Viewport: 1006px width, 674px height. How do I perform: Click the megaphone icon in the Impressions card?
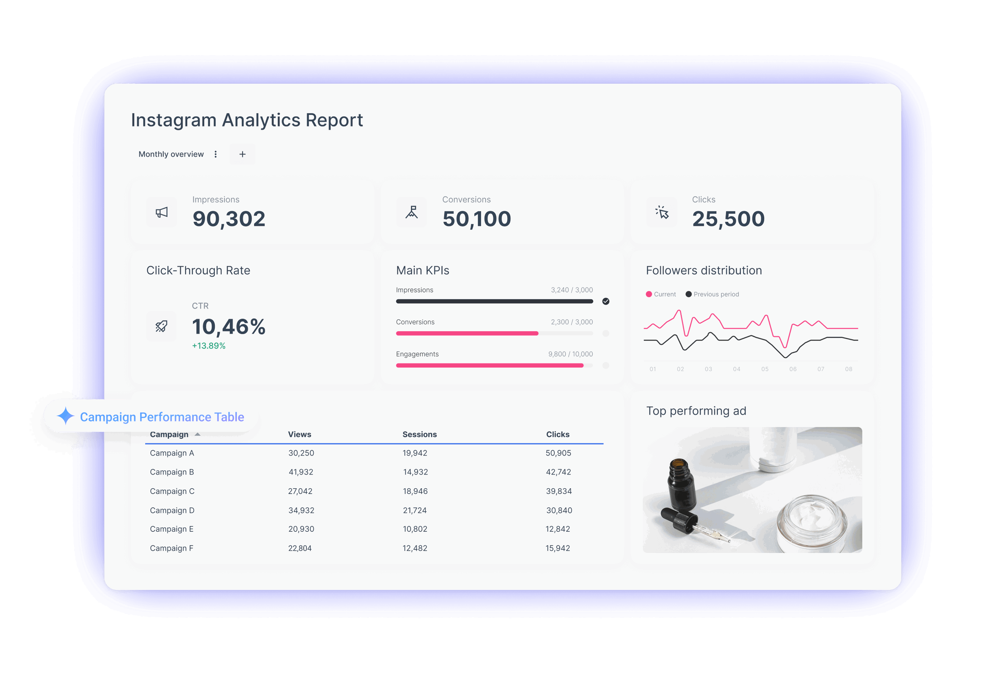coord(162,212)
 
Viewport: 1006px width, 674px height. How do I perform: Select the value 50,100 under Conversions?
coord(476,219)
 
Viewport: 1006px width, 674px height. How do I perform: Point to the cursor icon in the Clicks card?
coord(662,212)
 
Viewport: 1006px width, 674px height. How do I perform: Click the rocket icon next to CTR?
coord(162,326)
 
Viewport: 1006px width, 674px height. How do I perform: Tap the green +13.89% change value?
coord(208,346)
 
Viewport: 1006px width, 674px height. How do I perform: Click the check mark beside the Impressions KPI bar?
coord(605,301)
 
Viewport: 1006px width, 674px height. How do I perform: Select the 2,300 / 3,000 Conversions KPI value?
coord(572,322)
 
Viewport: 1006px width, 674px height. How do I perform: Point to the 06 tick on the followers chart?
coord(793,369)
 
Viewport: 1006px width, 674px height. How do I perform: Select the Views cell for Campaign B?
coord(301,472)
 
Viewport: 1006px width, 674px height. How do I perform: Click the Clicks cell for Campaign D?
coord(559,510)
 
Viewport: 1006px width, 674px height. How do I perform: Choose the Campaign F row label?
coord(171,548)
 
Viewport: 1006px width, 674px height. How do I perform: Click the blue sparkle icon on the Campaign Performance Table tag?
coord(66,416)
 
